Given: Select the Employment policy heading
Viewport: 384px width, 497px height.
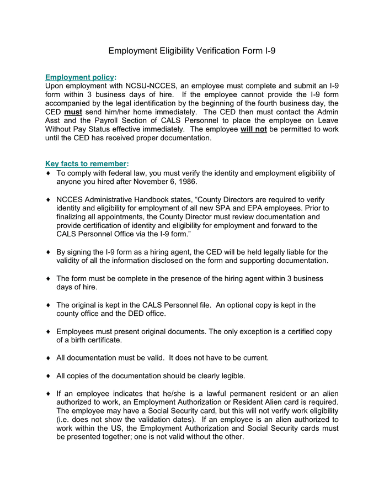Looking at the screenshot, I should (x=79, y=77).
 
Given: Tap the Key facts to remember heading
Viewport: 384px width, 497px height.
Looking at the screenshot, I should (x=86, y=163).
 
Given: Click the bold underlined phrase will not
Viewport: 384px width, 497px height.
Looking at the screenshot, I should (x=253, y=129).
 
